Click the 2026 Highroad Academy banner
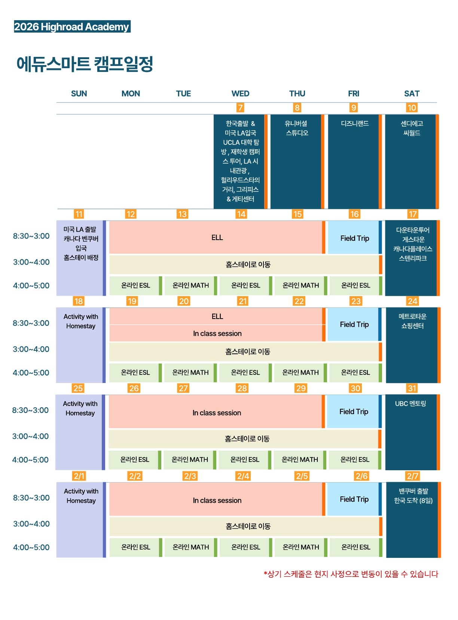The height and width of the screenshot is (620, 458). (72, 27)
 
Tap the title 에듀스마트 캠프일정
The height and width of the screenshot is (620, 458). (85, 64)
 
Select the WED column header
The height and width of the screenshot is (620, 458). (240, 94)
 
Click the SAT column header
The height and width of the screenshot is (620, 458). (412, 94)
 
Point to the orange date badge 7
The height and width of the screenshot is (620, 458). (240, 108)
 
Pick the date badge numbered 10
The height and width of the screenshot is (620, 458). (412, 108)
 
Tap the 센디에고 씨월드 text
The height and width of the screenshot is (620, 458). (412, 128)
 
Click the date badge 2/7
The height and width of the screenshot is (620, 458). (412, 476)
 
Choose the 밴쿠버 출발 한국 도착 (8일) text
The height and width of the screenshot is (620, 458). (413, 496)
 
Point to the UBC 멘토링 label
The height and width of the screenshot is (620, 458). (410, 404)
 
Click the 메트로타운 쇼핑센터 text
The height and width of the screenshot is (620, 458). (412, 321)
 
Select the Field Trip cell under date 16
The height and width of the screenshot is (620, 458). (354, 238)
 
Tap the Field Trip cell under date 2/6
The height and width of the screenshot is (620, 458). (354, 499)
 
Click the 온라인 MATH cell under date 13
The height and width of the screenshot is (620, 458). (190, 285)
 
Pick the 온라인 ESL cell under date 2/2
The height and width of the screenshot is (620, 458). (135, 547)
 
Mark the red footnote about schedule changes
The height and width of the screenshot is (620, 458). (351, 574)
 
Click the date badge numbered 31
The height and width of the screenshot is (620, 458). (412, 388)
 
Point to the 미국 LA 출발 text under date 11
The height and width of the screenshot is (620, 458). (80, 229)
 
